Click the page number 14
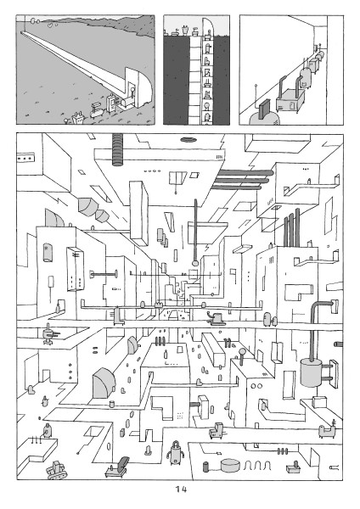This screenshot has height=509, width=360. [181, 489]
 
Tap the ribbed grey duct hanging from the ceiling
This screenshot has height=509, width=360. [118, 149]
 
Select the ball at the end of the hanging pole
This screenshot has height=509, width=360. [195, 262]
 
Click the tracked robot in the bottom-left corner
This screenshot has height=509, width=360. [56, 470]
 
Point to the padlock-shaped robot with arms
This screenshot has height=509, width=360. [176, 451]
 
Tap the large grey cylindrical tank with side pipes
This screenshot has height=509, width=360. [312, 372]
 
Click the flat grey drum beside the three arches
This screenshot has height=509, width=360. [231, 465]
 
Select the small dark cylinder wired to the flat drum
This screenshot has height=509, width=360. [206, 467]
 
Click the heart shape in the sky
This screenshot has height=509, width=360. [48, 25]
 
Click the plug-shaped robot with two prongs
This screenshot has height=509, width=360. [78, 118]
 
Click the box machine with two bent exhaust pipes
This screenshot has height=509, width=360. [290, 96]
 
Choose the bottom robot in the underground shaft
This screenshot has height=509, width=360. [206, 118]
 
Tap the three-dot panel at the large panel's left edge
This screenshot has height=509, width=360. [26, 158]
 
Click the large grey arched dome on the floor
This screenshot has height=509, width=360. [104, 383]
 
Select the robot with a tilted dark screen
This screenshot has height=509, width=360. [118, 467]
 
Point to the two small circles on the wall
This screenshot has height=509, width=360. [256, 386]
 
